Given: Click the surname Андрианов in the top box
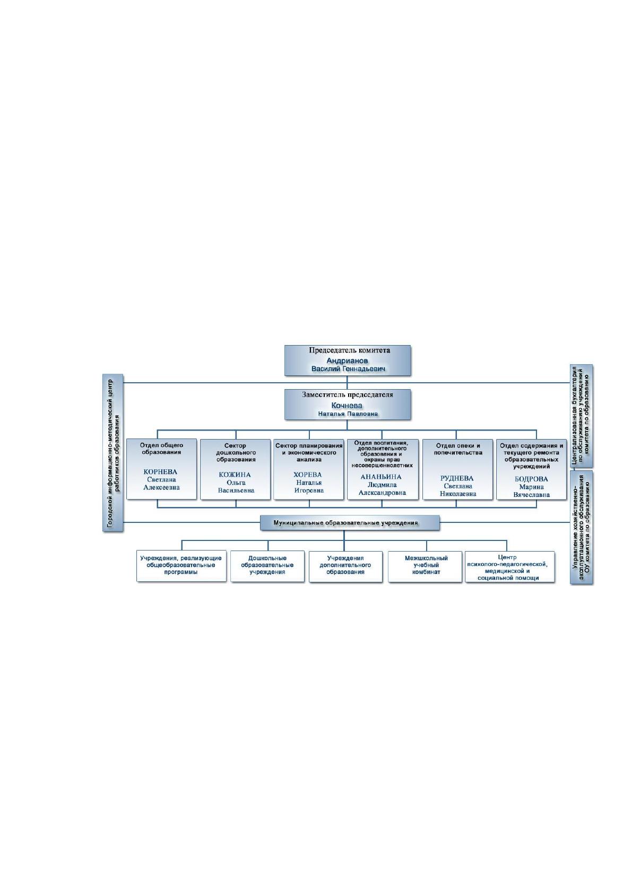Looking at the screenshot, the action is (x=347, y=361).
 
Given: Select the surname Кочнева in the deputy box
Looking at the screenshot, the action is (x=347, y=405).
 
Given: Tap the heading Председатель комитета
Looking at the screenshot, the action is (x=349, y=350).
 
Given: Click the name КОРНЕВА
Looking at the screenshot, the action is (x=160, y=472).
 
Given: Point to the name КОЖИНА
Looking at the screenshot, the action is (x=235, y=475).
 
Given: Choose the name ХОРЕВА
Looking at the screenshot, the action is (x=308, y=475).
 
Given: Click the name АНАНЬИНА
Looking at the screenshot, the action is (x=381, y=477).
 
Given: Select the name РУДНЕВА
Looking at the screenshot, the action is (x=457, y=478).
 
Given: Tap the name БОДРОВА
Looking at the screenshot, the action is (x=531, y=479).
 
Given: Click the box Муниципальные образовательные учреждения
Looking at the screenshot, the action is (x=350, y=522).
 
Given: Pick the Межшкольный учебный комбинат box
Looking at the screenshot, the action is (x=425, y=566).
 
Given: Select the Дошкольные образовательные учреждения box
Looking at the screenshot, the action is (x=267, y=566).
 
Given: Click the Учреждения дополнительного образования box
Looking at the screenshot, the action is (x=345, y=566).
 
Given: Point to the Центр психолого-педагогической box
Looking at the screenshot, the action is (x=510, y=567).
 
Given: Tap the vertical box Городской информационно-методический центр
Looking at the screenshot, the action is (x=113, y=453).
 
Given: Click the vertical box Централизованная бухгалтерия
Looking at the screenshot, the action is (x=582, y=416).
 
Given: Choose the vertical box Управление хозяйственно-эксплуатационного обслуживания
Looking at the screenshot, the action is (x=582, y=528).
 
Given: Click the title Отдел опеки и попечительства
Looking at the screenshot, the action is (x=458, y=449).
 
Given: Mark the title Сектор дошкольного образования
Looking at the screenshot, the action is (x=236, y=453).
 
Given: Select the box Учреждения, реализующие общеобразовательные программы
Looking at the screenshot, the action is (x=181, y=566).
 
